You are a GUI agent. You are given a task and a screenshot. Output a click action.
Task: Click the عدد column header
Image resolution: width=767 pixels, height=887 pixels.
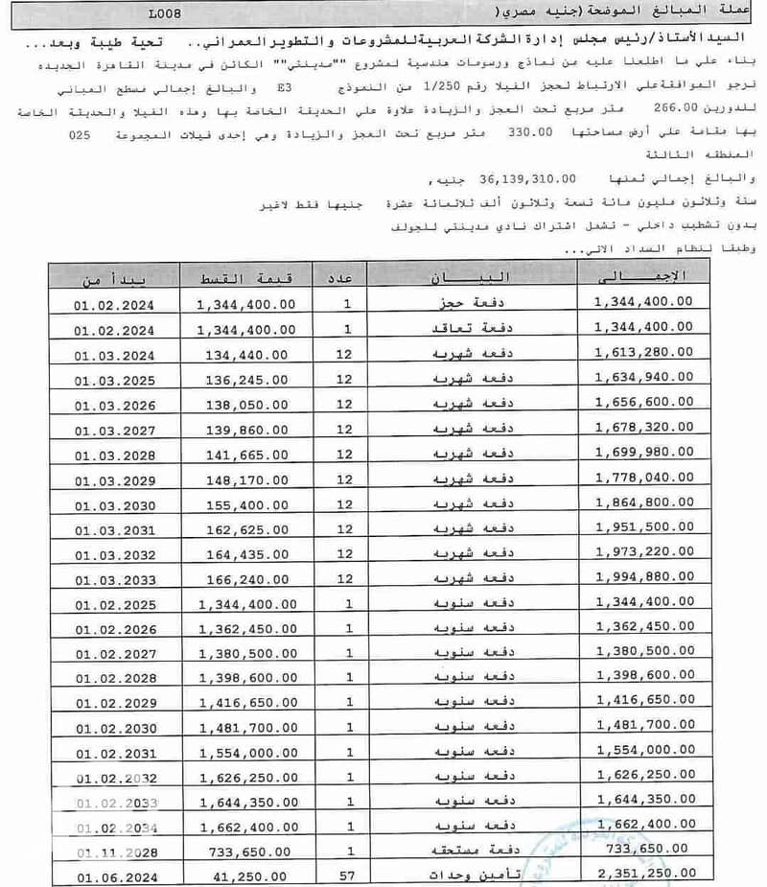click(x=348, y=278)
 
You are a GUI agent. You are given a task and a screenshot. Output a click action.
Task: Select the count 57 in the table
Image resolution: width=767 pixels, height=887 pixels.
click(x=348, y=876)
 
